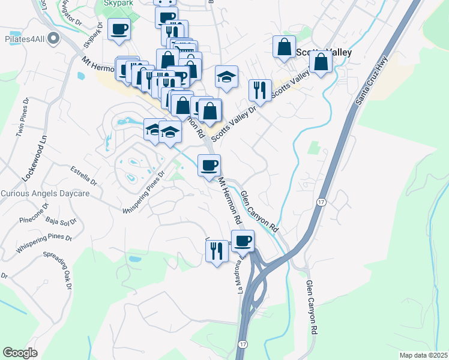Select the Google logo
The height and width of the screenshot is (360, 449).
[x=20, y=353]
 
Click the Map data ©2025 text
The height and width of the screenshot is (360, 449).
[x=424, y=355]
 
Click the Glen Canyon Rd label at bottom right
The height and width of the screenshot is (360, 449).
[x=312, y=307]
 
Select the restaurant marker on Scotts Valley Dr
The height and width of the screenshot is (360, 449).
[x=260, y=90]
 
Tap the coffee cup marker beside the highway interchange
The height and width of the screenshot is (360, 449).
[x=243, y=241]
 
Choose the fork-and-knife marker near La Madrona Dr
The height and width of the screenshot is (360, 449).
[x=217, y=250]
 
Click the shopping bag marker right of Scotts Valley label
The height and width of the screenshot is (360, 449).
[x=322, y=62]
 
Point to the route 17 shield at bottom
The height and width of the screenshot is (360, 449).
[x=243, y=344]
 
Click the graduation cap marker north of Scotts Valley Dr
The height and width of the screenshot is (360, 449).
[x=226, y=76]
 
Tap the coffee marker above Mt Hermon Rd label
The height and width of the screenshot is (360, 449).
[x=209, y=165]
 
